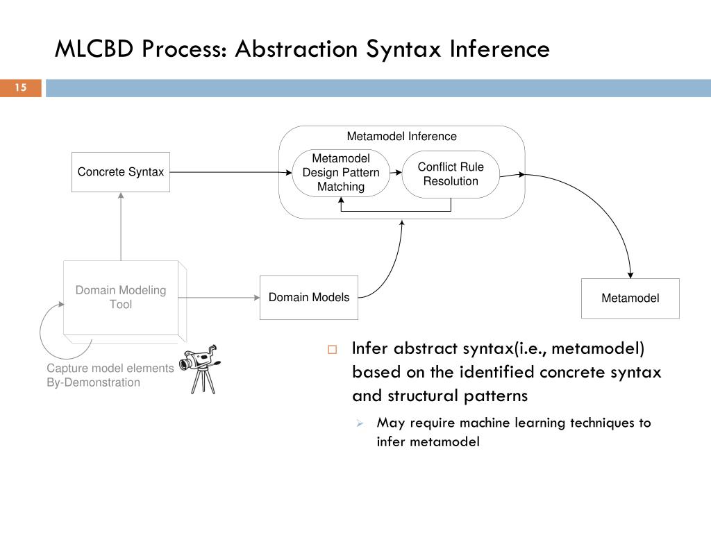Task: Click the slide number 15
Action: [20, 87]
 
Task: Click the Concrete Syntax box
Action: [121, 172]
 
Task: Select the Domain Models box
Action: [309, 297]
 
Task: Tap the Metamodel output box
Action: [630, 298]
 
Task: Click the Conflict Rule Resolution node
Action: [451, 174]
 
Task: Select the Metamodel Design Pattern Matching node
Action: [341, 173]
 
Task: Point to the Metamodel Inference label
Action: [402, 137]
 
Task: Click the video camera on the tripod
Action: [201, 369]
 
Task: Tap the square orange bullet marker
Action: [333, 350]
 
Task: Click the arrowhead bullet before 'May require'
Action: [360, 423]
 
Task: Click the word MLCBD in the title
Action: [94, 49]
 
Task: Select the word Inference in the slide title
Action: [500, 49]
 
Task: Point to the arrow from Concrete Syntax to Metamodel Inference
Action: [231, 172]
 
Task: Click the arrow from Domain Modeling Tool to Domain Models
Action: [219, 298]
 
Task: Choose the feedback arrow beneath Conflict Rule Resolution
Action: [396, 211]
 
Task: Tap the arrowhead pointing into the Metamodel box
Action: [630, 275]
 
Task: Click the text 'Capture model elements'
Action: [110, 368]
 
